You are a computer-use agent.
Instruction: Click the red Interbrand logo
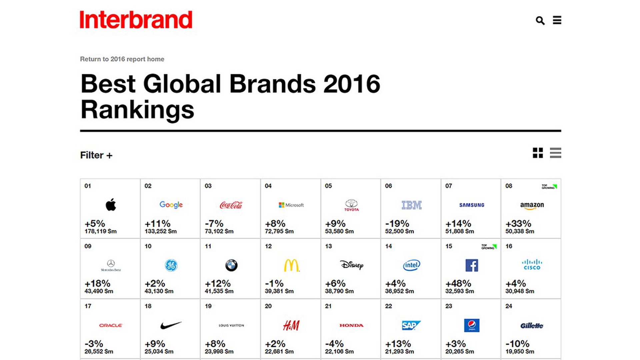point(136,20)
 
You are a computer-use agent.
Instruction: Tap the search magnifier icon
point(540,21)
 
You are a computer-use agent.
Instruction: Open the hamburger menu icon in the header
point(557,20)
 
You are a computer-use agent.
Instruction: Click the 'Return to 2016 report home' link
point(122,59)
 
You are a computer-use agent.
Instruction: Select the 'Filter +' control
point(96,155)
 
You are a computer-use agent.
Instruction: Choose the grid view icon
point(538,153)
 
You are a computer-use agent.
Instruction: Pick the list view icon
point(555,153)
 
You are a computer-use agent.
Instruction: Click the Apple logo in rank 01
point(111,205)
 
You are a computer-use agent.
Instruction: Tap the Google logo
point(171,205)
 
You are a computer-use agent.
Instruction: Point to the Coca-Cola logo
point(231,205)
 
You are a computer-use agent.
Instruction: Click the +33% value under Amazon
point(518,224)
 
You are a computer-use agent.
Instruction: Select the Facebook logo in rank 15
point(472,265)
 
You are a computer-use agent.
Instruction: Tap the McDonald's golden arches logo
point(291,265)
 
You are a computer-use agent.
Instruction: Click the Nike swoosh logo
point(171,325)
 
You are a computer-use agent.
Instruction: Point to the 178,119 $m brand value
point(101,231)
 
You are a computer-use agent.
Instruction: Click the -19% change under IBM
point(397,224)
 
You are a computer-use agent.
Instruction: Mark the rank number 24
point(509,306)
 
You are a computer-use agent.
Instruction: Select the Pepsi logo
point(472,325)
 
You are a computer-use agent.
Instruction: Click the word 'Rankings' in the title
point(137,110)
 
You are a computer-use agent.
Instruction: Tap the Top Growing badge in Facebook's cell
point(489,247)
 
